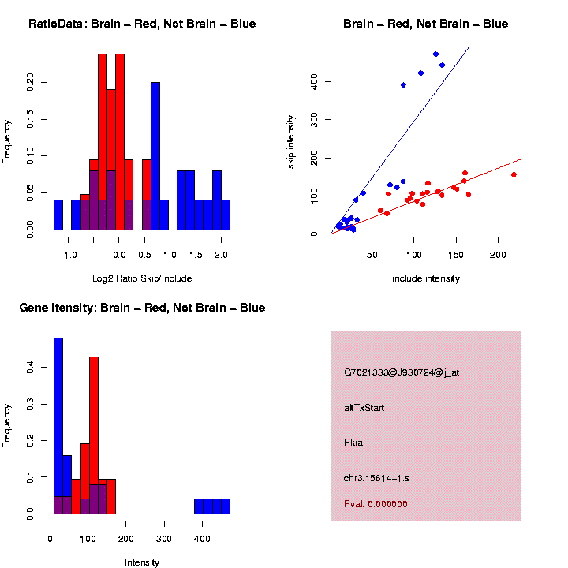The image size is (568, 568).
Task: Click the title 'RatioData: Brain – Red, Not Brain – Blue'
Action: point(142,24)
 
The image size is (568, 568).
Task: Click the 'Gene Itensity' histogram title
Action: point(142,308)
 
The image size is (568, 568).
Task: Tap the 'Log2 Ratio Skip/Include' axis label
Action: point(142,278)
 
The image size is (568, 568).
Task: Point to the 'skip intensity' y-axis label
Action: point(291,141)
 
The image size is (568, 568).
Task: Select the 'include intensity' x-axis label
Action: point(426,278)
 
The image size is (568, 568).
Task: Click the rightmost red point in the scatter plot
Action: point(514,174)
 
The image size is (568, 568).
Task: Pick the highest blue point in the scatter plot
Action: point(435,54)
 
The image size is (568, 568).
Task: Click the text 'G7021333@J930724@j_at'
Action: point(402,372)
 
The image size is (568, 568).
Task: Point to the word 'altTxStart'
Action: point(364,408)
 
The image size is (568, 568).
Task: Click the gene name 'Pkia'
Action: point(353,443)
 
